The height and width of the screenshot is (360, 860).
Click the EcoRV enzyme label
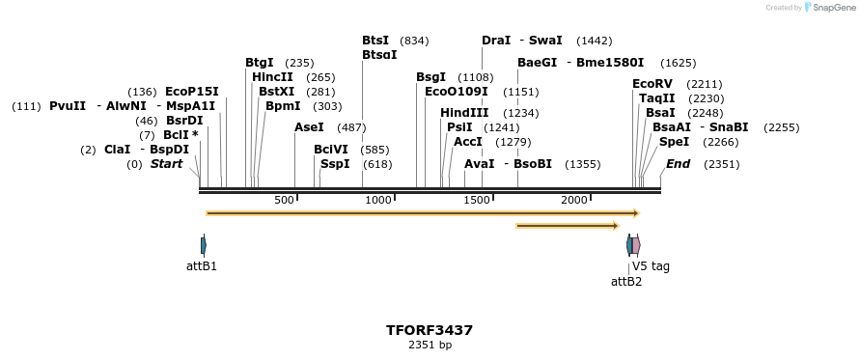coord(652,84)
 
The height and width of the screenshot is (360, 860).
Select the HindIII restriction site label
coord(464,113)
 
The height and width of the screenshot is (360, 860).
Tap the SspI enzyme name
coord(335,164)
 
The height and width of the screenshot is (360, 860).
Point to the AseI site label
coord(309,127)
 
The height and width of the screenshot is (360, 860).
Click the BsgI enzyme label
coord(430,77)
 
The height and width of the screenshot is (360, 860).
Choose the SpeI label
coord(674,142)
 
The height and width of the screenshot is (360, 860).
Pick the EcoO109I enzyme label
coord(457,92)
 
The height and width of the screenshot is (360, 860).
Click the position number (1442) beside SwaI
coord(594,41)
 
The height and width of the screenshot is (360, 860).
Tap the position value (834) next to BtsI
coord(414,41)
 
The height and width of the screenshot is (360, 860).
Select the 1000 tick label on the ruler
coord(378,200)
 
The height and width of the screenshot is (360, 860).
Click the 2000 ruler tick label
coord(574,200)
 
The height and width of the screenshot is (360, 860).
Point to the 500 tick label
coord(284,200)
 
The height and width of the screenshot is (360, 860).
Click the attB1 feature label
coord(202,265)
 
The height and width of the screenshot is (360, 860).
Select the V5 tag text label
coord(651,266)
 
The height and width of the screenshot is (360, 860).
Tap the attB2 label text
coord(626,282)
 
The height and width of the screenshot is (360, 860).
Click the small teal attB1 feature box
coord(203,245)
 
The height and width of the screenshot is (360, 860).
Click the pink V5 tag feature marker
coord(636,245)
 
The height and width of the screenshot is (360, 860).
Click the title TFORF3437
coord(430,330)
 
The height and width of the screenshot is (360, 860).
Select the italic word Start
coord(166,164)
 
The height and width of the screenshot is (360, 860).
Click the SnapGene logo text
coord(835,8)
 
